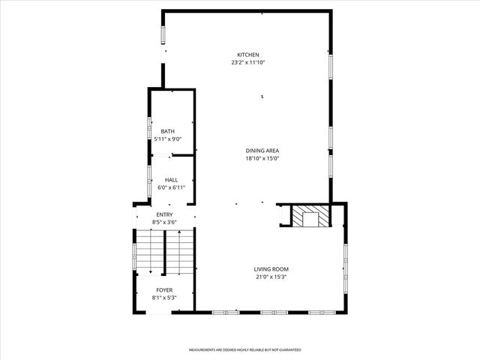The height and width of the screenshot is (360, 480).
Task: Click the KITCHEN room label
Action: point(248,55)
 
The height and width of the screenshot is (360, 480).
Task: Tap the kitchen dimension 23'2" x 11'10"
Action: point(248,63)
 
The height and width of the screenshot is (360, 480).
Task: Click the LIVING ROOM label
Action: point(271,269)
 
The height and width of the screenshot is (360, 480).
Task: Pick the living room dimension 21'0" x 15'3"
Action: point(271,277)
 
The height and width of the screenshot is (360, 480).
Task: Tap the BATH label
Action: point(167,131)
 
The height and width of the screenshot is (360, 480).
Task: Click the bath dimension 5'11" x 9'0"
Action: point(167,139)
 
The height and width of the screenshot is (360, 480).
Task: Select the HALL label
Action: point(171,180)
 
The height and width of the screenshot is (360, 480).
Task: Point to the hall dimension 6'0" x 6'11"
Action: point(171,188)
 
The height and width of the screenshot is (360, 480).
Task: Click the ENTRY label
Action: point(164,214)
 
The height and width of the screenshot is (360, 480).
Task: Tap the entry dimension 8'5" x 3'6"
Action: point(164,223)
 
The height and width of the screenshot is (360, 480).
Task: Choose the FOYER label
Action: point(164,290)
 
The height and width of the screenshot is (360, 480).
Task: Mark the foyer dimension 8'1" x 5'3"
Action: point(164,298)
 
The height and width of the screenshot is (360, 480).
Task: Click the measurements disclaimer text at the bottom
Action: point(244,349)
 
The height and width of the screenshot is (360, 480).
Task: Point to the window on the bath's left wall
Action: point(149,131)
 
